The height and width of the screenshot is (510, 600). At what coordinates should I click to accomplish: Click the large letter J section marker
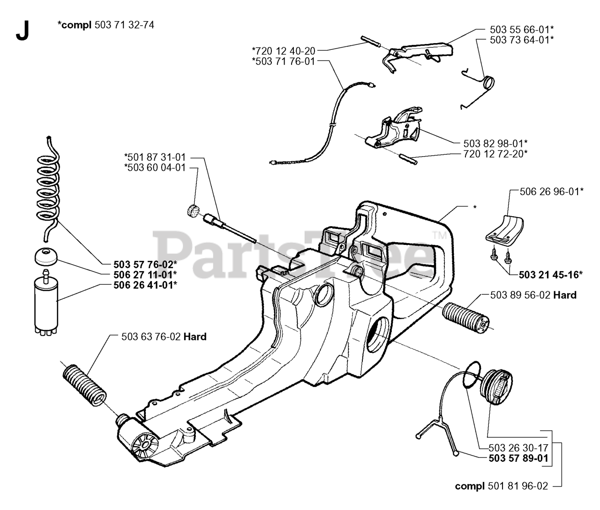click(22, 31)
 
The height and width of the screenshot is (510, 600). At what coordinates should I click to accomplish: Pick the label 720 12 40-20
click(284, 50)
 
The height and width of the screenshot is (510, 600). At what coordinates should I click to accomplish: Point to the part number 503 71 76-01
click(284, 61)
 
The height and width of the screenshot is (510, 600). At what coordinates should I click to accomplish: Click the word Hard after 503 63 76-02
click(195, 337)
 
